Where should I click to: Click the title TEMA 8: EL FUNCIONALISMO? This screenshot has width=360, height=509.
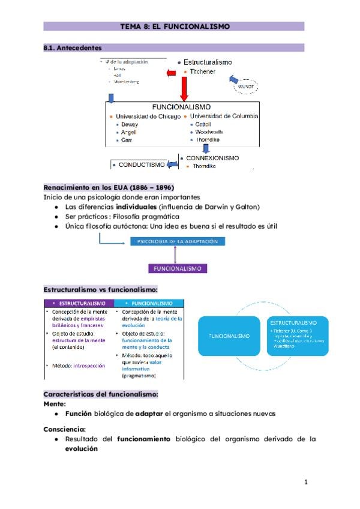[x=175, y=26]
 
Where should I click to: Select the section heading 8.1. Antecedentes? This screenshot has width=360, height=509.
[x=73, y=47]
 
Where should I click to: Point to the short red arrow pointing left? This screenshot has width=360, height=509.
[x=170, y=73]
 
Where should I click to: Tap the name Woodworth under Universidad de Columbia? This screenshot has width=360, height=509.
[x=208, y=132]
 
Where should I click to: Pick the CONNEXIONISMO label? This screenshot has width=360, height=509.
[x=212, y=158]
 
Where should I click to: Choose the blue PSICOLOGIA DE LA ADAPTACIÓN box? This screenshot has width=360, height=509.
[x=178, y=241]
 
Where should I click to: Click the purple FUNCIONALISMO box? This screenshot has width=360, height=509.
[x=178, y=268]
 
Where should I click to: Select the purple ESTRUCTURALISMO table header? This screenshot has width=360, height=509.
[x=79, y=303]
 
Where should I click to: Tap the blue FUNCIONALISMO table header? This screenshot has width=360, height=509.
[x=149, y=303]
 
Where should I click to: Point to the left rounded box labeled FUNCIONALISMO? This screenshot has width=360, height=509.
[x=229, y=336]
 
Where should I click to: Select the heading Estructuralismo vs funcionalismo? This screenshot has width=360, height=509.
[x=100, y=289]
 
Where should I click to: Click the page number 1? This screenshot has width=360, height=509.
[x=306, y=482]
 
